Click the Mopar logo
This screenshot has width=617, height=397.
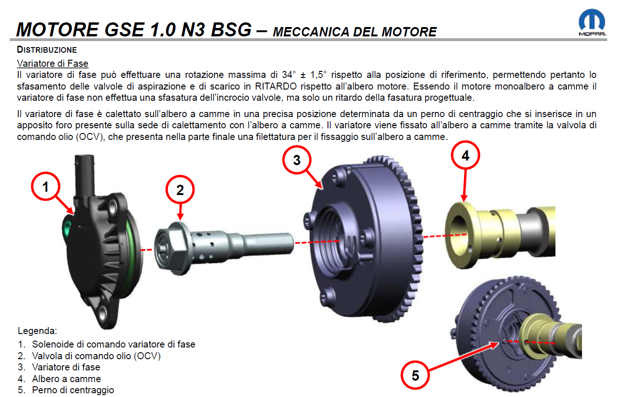pyautogui.click(x=592, y=22)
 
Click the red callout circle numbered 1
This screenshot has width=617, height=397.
pyautogui.click(x=45, y=186)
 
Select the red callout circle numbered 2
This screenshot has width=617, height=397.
pyautogui.click(x=180, y=189)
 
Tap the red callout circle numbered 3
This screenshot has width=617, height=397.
pyautogui.click(x=297, y=160)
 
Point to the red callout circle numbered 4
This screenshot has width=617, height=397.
pyautogui.click(x=465, y=155)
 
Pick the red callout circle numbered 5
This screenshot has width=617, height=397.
pyautogui.click(x=415, y=375)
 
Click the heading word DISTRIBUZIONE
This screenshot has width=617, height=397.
pyautogui.click(x=47, y=50)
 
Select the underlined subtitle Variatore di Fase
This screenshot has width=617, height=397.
pyautogui.click(x=53, y=63)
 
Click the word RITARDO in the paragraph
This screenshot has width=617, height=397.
pyautogui.click(x=276, y=86)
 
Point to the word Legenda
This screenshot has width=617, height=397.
pyautogui.click(x=37, y=331)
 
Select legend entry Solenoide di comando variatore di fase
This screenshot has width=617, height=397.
pyautogui.click(x=113, y=344)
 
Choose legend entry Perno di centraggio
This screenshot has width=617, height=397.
pyautogui.click(x=73, y=390)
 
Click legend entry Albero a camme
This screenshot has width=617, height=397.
pyautogui.click(x=66, y=379)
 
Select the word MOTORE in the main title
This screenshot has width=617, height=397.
pyautogui.click(x=57, y=29)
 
